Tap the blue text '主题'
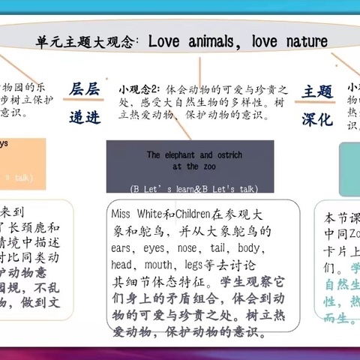pos(316,91)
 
